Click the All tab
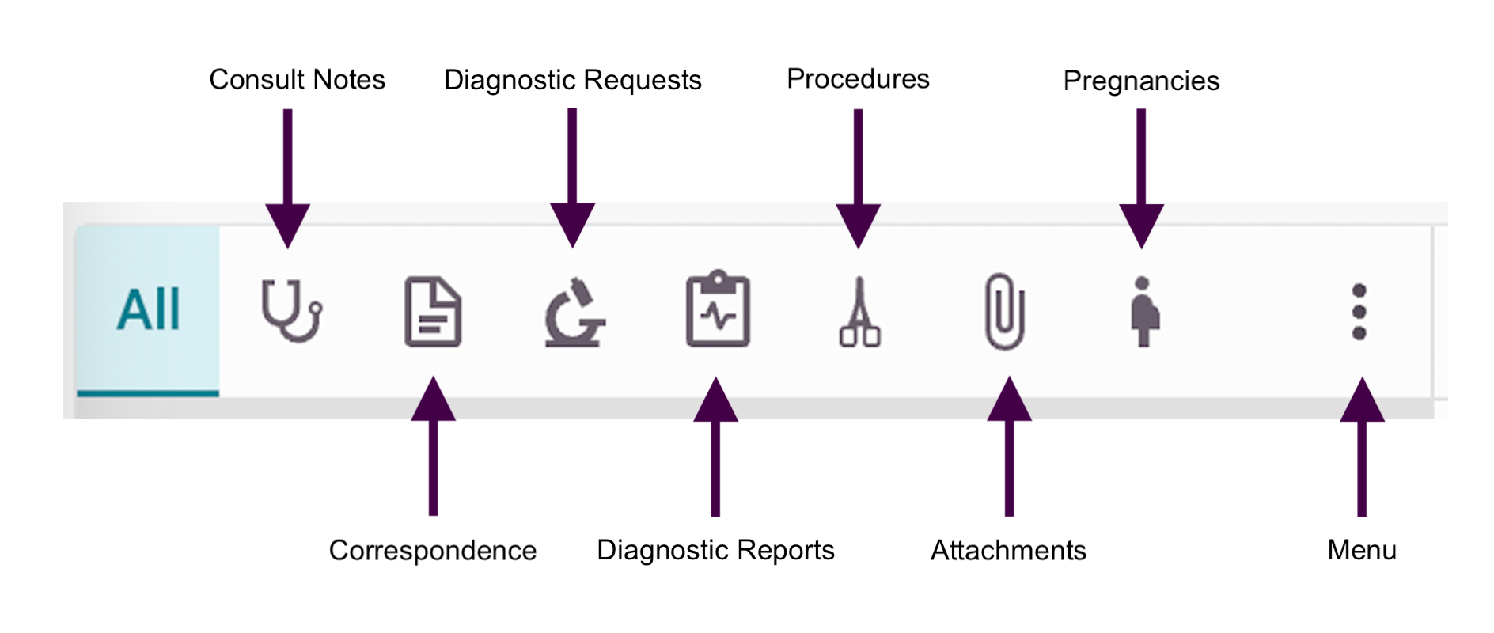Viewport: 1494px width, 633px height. pyautogui.click(x=148, y=309)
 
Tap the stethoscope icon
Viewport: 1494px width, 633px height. pyautogui.click(x=290, y=310)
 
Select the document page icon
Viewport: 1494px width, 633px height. pyautogui.click(x=433, y=311)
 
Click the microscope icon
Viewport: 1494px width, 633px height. pyautogui.click(x=574, y=313)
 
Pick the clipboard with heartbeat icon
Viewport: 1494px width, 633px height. pyautogui.click(x=717, y=310)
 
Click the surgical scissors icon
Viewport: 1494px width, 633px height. pyautogui.click(x=859, y=313)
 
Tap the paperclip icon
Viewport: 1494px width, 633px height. pyautogui.click(x=1005, y=311)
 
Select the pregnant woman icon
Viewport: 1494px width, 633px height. pyautogui.click(x=1143, y=311)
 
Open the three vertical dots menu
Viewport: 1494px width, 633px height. pyautogui.click(x=1359, y=311)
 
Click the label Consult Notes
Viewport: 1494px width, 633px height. pyautogui.click(x=297, y=80)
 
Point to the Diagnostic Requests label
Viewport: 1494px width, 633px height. pyautogui.click(x=572, y=81)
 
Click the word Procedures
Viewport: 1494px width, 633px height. pyautogui.click(x=858, y=79)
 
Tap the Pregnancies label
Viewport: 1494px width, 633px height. pyautogui.click(x=1140, y=81)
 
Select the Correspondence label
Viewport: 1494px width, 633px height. pyautogui.click(x=432, y=550)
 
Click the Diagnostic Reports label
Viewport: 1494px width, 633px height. pyautogui.click(x=715, y=550)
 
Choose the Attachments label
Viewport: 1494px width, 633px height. pyautogui.click(x=1008, y=550)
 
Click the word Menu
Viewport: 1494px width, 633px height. pyautogui.click(x=1361, y=550)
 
